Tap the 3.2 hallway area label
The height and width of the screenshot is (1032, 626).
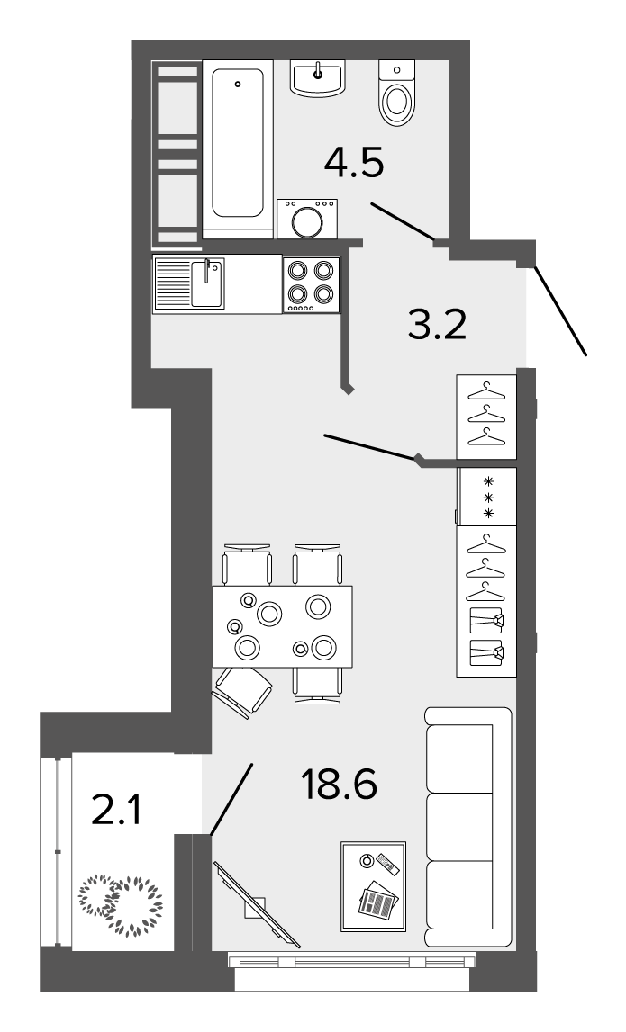[x=437, y=325]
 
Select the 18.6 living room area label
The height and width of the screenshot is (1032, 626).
[x=339, y=785]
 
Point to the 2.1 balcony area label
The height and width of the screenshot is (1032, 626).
[x=116, y=810]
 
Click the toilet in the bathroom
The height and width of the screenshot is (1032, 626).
[x=397, y=93]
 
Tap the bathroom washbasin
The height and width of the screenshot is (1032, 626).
[x=318, y=78]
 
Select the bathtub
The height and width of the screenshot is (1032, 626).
[x=238, y=148]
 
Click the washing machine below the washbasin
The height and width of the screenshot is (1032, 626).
[x=307, y=219]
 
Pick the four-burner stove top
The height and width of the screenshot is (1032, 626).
[x=312, y=284]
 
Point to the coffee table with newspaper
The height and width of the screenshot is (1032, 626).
[x=373, y=886]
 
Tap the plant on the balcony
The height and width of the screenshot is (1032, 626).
[x=121, y=904]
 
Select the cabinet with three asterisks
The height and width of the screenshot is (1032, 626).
[x=487, y=497]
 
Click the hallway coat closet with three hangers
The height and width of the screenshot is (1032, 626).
[x=486, y=417]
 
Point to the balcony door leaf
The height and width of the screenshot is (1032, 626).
[x=231, y=799]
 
